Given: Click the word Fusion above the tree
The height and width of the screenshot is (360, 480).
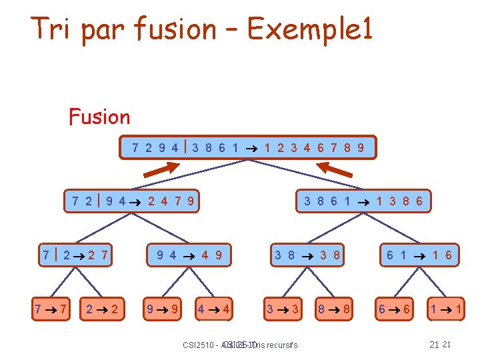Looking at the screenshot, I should coord(99,117).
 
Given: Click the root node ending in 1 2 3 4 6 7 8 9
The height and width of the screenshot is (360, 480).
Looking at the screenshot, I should coord(248,147).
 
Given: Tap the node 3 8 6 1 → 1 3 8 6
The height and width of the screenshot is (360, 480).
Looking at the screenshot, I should coord(363,200).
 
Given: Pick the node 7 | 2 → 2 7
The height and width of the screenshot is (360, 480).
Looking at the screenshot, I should coord(75,255).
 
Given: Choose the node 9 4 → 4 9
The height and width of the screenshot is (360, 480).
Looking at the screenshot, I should coord(189,255).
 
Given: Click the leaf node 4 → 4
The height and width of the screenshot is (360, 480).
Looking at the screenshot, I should coord(214,309).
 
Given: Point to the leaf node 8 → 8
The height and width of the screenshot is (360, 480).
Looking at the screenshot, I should coord(334,309).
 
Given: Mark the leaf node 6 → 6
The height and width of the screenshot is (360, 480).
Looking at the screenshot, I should coord(394,309).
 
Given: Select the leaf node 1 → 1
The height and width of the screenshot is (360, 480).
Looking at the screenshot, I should coord(445,309).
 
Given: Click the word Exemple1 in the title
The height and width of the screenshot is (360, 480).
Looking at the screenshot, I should coord(309,29).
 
